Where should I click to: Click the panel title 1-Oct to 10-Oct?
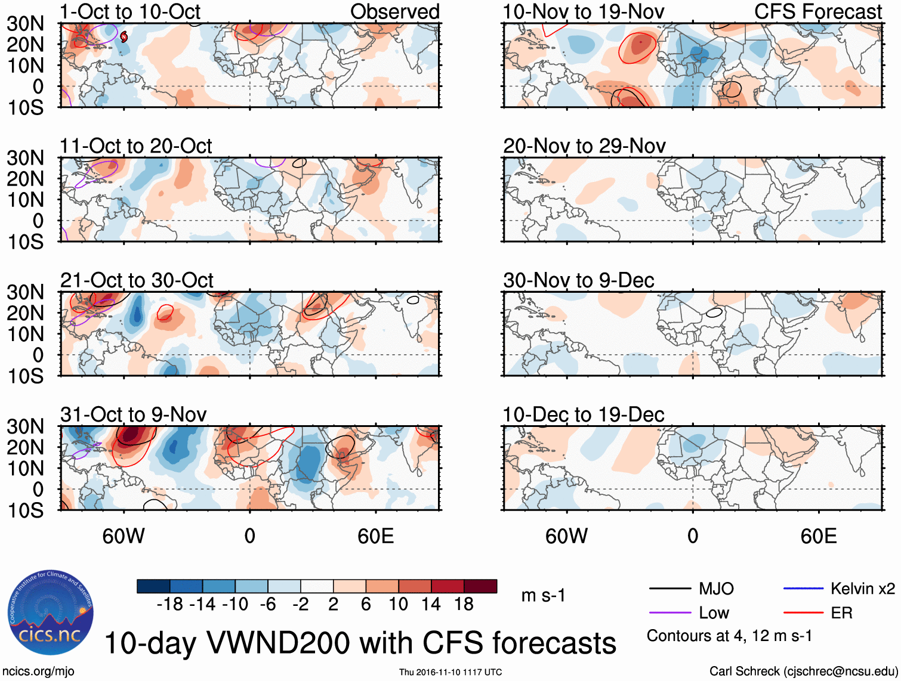[130, 11]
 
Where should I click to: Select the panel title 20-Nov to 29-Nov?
[584, 146]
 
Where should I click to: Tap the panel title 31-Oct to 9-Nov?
[133, 414]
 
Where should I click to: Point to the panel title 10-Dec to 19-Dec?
[583, 414]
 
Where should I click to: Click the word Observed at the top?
[394, 11]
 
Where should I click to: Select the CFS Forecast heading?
[817, 11]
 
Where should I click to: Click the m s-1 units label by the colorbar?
[543, 595]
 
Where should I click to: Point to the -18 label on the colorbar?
[170, 604]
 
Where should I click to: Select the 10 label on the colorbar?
[398, 604]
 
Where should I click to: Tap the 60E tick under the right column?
[818, 535]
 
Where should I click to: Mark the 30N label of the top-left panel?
[26, 24]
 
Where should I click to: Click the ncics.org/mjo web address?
[38, 671]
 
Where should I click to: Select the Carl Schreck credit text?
[803, 671]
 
